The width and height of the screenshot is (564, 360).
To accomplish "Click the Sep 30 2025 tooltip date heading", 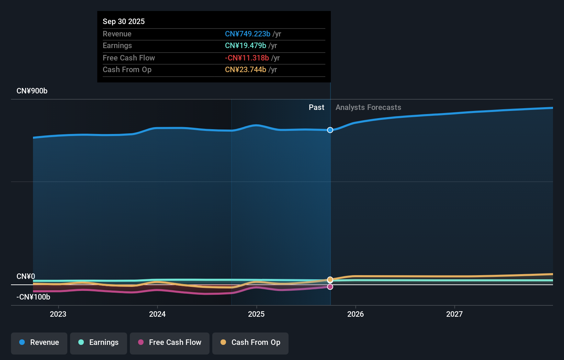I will (124, 21).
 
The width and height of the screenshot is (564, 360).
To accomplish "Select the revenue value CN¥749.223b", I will (247, 34).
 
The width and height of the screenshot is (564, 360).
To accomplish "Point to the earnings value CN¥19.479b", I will (245, 45).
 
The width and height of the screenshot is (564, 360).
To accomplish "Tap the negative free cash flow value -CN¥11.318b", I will (247, 58).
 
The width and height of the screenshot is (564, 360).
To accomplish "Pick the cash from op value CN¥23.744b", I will (245, 69).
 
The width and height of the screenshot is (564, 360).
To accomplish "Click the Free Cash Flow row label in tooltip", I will (129, 58).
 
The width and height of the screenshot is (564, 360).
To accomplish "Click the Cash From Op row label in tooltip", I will (127, 69).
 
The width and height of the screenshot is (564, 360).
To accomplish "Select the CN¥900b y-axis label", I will (32, 91).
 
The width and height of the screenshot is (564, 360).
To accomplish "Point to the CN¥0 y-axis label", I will (26, 276).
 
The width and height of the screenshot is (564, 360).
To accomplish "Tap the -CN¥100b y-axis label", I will (33, 297).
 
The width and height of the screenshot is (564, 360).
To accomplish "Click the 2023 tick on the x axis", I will (58, 314).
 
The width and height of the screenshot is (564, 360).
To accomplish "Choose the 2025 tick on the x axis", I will (256, 314).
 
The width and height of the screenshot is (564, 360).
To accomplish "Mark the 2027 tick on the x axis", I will (454, 314).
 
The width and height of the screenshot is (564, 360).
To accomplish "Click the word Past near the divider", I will (316, 107).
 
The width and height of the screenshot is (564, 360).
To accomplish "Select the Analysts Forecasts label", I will (368, 107).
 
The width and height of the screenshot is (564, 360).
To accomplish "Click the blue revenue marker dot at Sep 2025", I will (330, 130).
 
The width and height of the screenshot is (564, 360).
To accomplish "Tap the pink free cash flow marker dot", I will (330, 286).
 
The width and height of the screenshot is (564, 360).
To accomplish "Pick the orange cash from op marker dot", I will (330, 280).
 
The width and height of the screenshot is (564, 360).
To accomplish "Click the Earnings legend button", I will (99, 342).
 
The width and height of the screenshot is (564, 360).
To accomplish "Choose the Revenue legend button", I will (39, 342).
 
